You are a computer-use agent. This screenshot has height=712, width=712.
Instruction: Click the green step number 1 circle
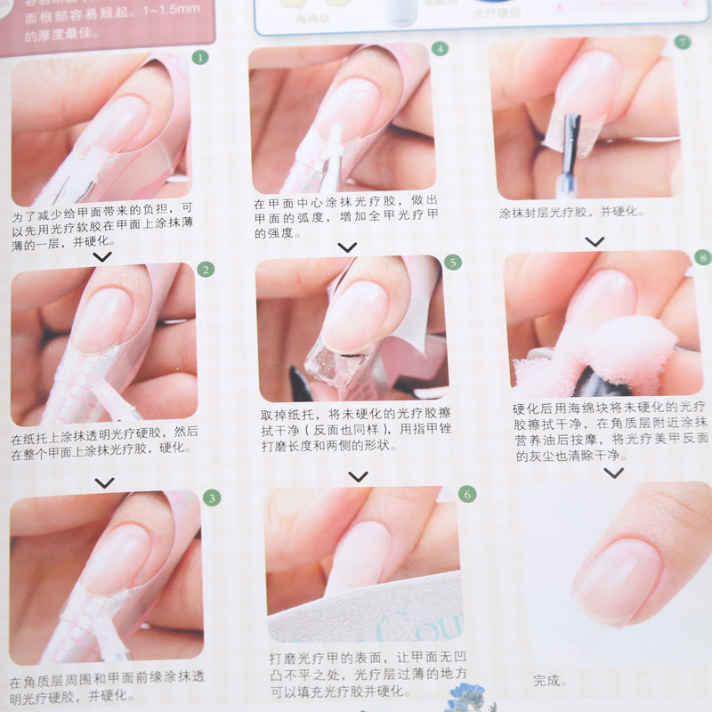pos(200,58)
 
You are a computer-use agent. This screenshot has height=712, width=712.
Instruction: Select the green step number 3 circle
pos(211,498)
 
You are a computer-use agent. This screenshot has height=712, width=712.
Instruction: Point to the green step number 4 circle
pos(439,49)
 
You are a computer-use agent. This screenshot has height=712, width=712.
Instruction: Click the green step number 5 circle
pos(452,263)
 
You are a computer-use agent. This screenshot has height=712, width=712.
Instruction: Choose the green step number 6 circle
pos(467,494)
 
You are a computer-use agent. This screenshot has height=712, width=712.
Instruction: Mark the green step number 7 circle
pos(683,42)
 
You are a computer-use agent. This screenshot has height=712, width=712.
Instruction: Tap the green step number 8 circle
pos(703,258)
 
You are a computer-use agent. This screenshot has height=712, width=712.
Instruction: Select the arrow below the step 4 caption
pos(347,247)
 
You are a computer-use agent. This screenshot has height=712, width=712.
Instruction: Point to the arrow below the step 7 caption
pos(595,241)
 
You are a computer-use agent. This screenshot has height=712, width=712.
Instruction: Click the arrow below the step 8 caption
pos(613,473)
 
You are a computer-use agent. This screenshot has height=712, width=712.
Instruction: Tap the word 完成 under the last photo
pos(549,681)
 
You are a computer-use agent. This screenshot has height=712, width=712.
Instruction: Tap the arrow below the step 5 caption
pos(358,477)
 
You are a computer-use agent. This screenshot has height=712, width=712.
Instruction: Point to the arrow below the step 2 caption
pos(104,482)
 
